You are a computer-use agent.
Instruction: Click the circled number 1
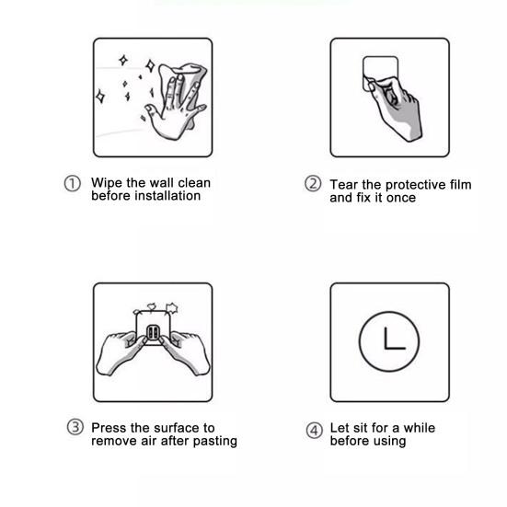click(x=72, y=184)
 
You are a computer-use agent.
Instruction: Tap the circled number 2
click(x=313, y=183)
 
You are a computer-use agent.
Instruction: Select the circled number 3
click(x=75, y=427)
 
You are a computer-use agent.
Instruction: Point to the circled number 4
click(x=315, y=431)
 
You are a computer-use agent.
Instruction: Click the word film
click(x=460, y=185)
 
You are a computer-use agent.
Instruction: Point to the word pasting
click(x=215, y=442)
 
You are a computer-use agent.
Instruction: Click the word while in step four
click(x=420, y=428)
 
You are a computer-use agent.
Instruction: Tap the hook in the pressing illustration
click(x=153, y=332)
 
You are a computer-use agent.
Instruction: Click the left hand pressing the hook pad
click(x=121, y=352)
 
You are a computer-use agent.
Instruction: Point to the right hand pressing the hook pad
click(x=185, y=352)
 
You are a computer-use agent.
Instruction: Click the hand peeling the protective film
click(x=396, y=108)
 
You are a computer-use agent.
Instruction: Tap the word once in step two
click(x=401, y=198)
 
